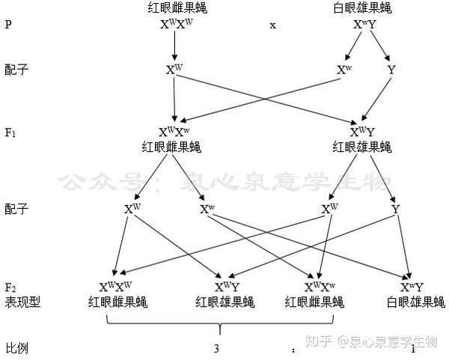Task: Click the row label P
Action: pos(8,25)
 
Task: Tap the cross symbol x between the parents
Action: pos(273,25)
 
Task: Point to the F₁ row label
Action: pos(11,132)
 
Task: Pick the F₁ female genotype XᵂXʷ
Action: pos(174,132)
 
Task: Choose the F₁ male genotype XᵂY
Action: pos(363,132)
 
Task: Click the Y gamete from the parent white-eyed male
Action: pos(391,70)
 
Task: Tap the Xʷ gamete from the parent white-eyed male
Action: pos(344,70)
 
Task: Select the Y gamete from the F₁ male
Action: pos(395,209)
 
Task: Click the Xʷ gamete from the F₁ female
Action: pos(208,209)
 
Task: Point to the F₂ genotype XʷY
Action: pos(412,287)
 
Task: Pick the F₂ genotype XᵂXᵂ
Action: pos(115,287)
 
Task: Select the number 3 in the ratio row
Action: pos(216,348)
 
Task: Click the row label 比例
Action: pos(16,348)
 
